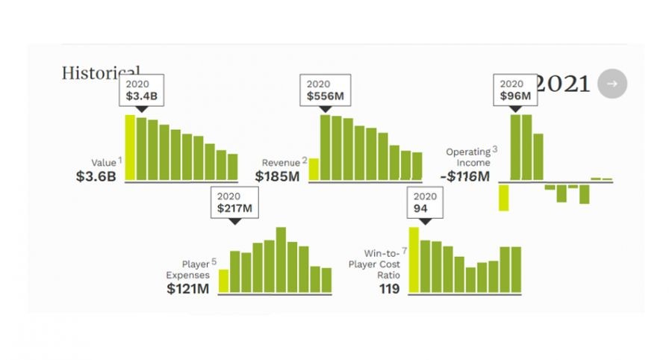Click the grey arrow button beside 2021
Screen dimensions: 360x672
(612, 84)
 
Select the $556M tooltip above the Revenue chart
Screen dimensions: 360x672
(324, 91)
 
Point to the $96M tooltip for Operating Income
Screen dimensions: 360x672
(515, 91)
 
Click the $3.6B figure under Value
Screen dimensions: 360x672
(96, 177)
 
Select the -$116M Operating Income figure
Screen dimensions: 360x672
(464, 177)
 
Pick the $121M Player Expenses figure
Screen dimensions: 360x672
(188, 288)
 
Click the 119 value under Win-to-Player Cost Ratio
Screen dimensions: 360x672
(389, 288)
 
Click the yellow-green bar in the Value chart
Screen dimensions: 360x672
(130, 147)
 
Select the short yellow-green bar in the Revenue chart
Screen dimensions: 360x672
(314, 170)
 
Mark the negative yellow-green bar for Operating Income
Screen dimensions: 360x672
(504, 197)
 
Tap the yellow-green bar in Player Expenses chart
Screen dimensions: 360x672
(223, 281)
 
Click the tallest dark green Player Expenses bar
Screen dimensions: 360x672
(281, 260)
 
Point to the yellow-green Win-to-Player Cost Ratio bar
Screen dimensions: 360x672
(414, 260)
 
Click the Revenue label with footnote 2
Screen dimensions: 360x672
(281, 162)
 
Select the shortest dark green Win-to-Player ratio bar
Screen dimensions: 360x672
(470, 279)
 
